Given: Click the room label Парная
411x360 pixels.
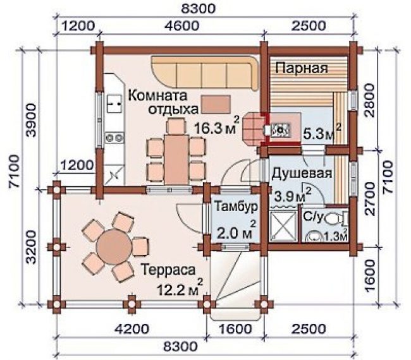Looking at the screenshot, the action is (x=302, y=68).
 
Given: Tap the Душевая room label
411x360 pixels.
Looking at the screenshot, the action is (x=302, y=173).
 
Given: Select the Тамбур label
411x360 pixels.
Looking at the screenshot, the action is (x=236, y=207).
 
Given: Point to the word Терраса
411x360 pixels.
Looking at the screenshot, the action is (x=168, y=270).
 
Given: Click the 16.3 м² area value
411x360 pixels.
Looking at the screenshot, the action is (x=217, y=127).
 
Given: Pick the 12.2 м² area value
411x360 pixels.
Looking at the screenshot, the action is (x=180, y=287).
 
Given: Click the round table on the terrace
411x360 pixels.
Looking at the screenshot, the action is (x=114, y=246).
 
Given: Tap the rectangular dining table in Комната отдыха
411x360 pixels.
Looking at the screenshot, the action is (x=176, y=159).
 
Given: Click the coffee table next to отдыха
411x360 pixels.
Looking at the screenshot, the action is (x=216, y=104).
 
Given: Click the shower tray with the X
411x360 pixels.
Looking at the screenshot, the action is (x=282, y=225).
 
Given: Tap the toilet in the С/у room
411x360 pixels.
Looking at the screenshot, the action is (x=336, y=218).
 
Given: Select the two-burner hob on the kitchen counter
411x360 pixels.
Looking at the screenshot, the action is (x=114, y=137).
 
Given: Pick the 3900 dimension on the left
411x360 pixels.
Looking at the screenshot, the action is (x=31, y=120).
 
